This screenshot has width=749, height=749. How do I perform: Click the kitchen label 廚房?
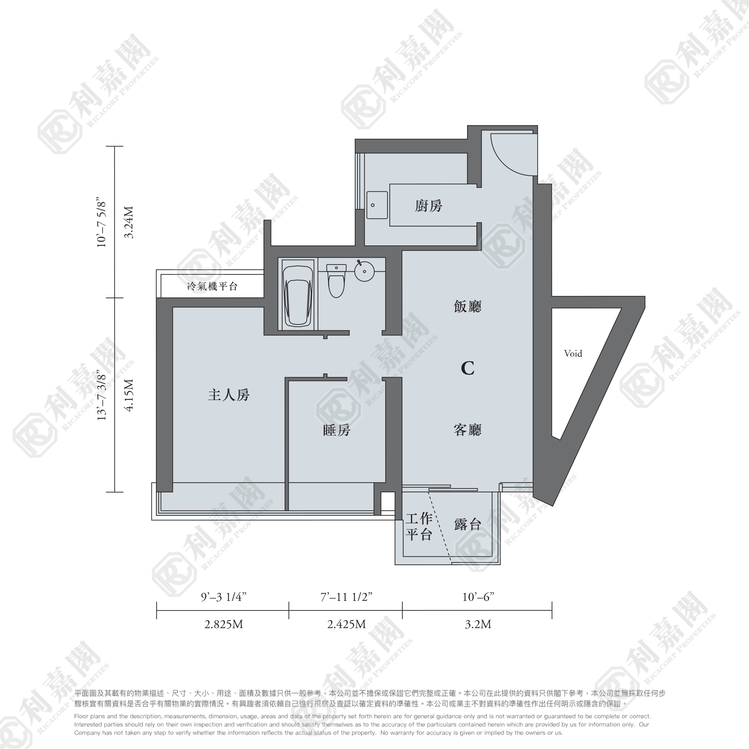click(428, 206)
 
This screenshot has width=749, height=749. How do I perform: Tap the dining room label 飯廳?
click(467, 306)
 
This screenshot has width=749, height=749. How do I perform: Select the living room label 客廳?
click(467, 430)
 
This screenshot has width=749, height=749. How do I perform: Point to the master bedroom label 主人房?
click(229, 395)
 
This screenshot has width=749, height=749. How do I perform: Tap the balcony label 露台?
click(467, 524)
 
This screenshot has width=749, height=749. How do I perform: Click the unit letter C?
click(467, 368)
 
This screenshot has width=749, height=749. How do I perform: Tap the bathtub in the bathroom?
click(298, 296)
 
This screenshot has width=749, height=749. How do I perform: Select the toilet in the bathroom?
click(336, 280)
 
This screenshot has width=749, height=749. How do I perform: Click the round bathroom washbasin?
click(364, 271)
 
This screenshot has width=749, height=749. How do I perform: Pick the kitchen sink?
click(377, 205)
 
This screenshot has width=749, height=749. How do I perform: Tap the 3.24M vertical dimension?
click(129, 222)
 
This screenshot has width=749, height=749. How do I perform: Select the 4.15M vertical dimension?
click(129, 395)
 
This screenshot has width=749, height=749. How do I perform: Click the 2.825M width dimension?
click(224, 624)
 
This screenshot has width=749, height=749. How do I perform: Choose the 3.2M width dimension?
click(478, 624)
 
